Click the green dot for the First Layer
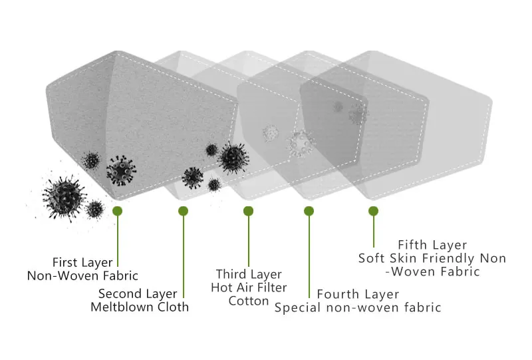(118, 211)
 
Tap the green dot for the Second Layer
(183, 211)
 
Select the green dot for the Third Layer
(248, 211)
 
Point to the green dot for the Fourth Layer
(309, 211)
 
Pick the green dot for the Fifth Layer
(373, 211)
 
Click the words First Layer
(82, 262)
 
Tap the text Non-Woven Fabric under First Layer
(82, 275)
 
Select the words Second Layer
(138, 293)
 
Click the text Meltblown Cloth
(140, 307)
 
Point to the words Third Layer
(249, 274)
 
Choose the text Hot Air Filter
(249, 287)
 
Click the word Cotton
(249, 300)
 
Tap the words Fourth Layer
(358, 294)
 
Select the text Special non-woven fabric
(358, 307)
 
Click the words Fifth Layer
(432, 245)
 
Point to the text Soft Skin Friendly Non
(432, 258)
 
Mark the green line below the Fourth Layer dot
(309, 256)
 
